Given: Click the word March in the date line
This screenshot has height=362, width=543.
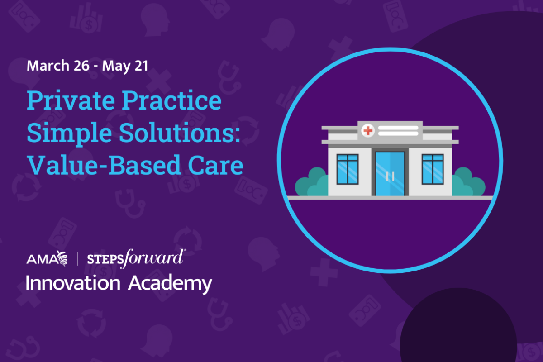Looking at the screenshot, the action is (x=48, y=66).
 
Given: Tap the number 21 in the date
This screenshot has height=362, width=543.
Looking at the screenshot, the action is (x=141, y=66).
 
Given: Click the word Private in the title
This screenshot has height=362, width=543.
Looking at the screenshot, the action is (x=71, y=100).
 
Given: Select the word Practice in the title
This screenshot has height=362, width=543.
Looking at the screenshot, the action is (x=171, y=100).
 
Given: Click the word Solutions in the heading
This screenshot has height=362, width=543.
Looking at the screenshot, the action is (x=179, y=133).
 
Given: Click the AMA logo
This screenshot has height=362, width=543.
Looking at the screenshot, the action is (x=47, y=259).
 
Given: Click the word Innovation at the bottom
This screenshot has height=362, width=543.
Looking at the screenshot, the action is (x=73, y=283).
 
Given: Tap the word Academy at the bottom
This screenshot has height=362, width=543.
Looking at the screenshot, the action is (x=170, y=285).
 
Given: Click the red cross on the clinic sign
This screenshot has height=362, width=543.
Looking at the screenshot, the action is (x=368, y=130).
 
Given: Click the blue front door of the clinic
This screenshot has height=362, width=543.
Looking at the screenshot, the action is (x=390, y=174).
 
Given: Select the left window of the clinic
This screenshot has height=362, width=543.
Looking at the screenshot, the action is (x=348, y=169).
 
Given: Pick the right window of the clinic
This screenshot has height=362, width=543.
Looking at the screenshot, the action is (x=433, y=169).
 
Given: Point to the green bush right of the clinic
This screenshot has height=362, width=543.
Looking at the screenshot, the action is (x=468, y=182).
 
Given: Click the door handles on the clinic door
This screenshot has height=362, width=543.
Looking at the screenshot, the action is (x=390, y=176).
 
